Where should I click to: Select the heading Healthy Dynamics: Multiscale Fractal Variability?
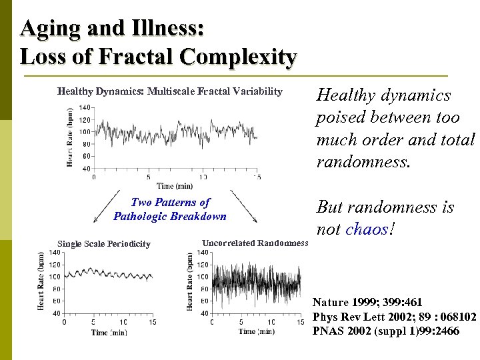coord(169,91)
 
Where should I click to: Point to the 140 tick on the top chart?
coord(85,108)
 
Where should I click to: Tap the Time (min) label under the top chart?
coord(174,186)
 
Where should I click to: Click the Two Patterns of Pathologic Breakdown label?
coord(170,209)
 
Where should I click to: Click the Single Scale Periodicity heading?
coord(103,244)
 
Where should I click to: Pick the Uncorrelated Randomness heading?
coord(255,243)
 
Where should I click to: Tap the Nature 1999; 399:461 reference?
coord(367,303)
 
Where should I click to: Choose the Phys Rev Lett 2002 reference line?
coord(394,317)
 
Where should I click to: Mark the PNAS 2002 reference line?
coord(385,331)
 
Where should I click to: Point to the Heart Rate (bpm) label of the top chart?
coord(71,138)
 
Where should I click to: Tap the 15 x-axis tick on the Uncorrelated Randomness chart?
coord(301,322)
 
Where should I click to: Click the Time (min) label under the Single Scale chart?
coord(109,332)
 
